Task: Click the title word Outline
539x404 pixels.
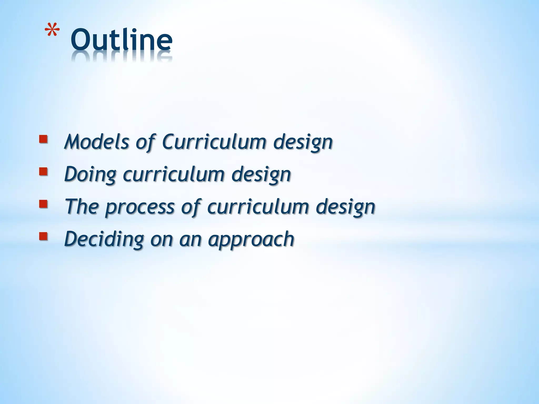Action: [x=121, y=40]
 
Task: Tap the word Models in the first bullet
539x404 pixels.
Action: [x=97, y=142]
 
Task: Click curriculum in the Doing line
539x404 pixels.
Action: [x=173, y=174]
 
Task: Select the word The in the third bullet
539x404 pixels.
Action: [x=81, y=206]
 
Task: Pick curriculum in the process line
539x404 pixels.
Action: [x=258, y=206]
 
